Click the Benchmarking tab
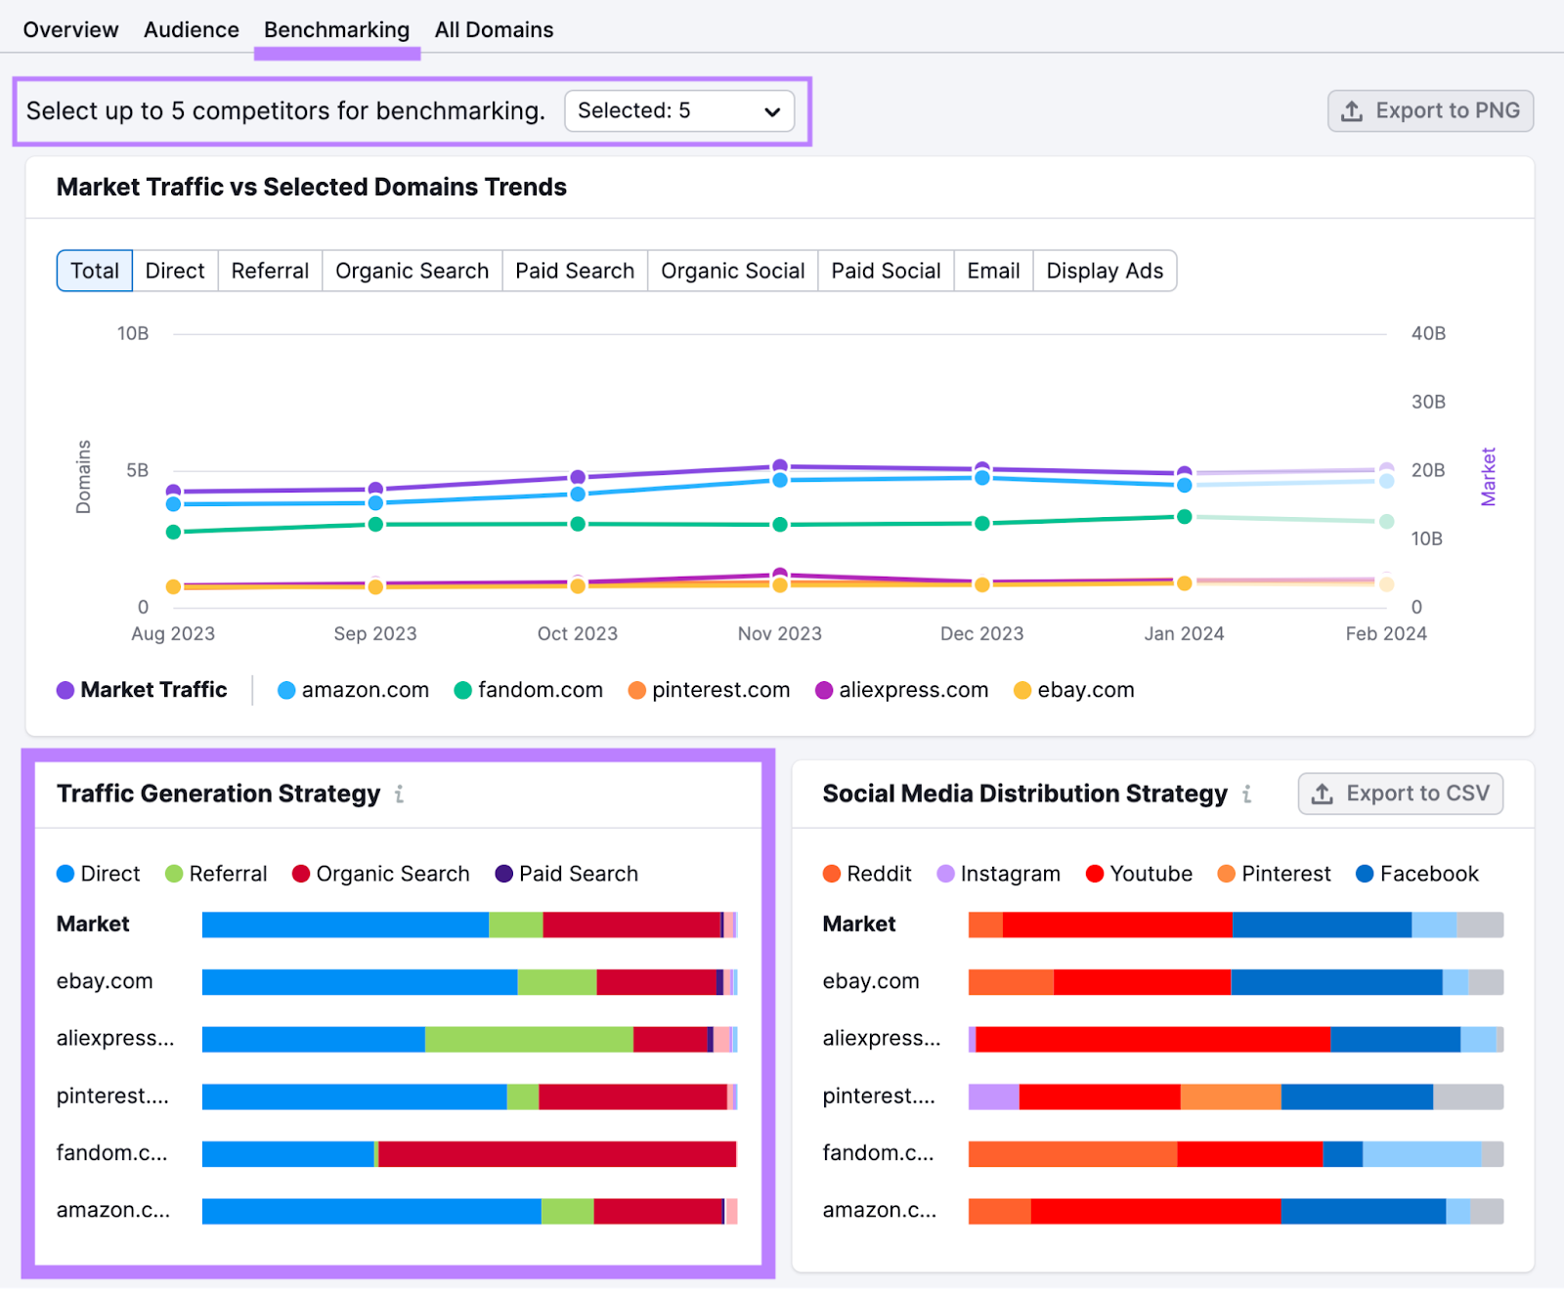[336, 30]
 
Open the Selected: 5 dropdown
[679, 111]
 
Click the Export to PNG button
[1430, 111]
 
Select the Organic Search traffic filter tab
[412, 271]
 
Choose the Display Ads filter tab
[1104, 271]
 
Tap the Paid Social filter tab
[886, 271]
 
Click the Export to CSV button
[1400, 794]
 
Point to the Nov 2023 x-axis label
[779, 633]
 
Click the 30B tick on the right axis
[1427, 402]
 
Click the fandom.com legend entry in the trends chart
[529, 690]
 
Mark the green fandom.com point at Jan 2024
[1184, 516]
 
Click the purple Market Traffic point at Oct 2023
[578, 477]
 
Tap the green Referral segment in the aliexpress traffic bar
[528, 1040]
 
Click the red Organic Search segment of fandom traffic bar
[557, 1154]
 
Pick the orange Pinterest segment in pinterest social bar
[1230, 1097]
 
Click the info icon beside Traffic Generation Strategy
[399, 795]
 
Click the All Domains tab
[494, 30]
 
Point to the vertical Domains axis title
[84, 477]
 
